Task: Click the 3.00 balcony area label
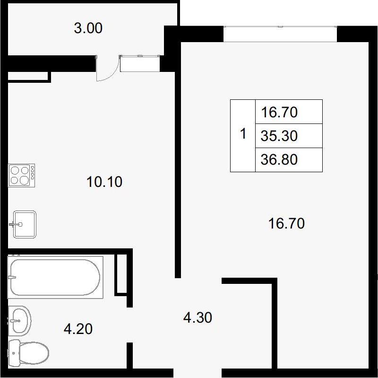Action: pos(88,28)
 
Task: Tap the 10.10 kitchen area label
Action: pos(104,182)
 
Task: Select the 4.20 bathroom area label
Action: pos(78,329)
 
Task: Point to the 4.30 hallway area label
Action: pos(198,317)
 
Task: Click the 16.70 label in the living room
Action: pos(286,223)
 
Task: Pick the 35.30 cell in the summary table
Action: pos(289,136)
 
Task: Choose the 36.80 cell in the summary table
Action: pos(289,159)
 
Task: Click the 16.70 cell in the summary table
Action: pos(289,112)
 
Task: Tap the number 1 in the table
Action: pos(243,133)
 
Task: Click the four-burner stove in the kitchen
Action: pos(22,176)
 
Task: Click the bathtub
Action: pos(55,277)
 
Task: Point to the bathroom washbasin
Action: pos(20,321)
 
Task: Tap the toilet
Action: pos(28,353)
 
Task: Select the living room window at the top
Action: pos(280,34)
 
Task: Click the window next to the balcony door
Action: pos(140,63)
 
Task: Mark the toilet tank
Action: pos(14,353)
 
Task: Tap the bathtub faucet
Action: pos(12,277)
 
